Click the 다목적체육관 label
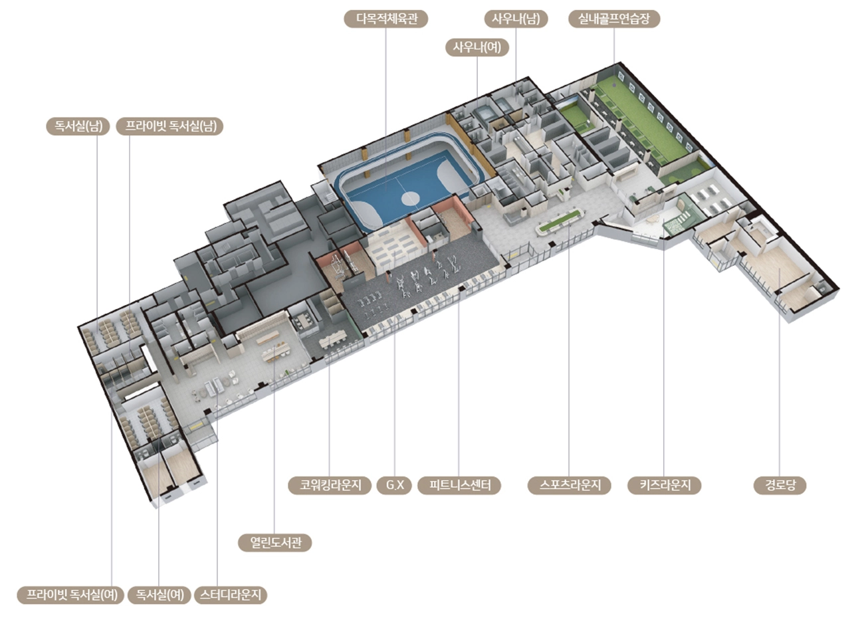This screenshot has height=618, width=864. [386, 19]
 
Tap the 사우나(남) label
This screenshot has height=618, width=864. [516, 19]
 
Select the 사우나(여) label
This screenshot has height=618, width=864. [477, 47]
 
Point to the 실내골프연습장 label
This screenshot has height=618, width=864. [614, 19]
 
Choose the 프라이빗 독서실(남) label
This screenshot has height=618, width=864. [169, 126]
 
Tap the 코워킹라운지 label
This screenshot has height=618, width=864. [329, 485]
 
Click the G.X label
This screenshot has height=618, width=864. [395, 485]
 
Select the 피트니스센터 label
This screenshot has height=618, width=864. [459, 485]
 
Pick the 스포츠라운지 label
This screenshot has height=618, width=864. [569, 485]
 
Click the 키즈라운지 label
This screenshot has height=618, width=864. [665, 485]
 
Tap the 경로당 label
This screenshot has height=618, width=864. [780, 485]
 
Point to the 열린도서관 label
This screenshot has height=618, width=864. [275, 542]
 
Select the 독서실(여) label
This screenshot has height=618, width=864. [160, 595]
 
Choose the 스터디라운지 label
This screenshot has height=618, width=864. [231, 595]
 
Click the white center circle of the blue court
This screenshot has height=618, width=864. [410, 197]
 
